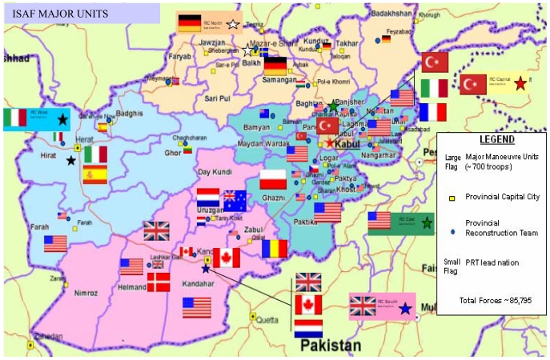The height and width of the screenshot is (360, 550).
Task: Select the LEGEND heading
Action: (x=491, y=138)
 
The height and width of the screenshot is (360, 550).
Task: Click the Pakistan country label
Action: (x=327, y=346)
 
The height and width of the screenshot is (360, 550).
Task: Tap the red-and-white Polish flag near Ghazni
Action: (x=273, y=179)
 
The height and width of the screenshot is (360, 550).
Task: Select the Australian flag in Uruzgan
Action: (x=234, y=199)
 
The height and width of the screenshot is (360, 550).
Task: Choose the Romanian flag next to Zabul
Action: (x=274, y=249)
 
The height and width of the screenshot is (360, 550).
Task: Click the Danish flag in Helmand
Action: (x=158, y=282)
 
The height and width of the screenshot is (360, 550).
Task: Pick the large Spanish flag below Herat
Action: (x=94, y=175)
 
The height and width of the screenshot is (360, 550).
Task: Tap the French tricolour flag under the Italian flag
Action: (x=432, y=112)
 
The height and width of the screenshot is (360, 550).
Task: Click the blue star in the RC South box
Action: (x=405, y=307)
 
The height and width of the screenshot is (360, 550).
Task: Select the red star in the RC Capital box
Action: (x=521, y=82)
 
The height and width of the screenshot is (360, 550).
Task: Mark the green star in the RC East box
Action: (x=427, y=222)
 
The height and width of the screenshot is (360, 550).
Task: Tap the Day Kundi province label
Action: (x=215, y=172)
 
